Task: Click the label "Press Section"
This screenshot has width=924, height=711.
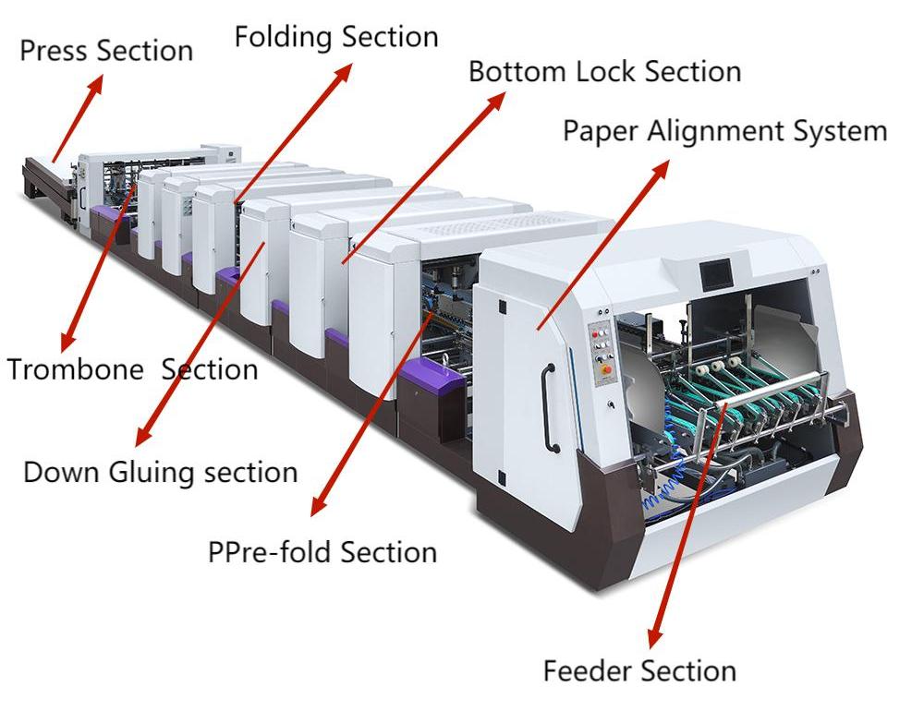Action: tap(106, 50)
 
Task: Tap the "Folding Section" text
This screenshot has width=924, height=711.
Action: tap(335, 37)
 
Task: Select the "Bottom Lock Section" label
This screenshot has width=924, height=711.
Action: tap(604, 71)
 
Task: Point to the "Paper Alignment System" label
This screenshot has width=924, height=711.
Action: tap(724, 131)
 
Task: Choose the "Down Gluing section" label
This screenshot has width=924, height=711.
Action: tap(160, 472)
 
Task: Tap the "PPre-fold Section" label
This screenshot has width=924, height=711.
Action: tap(322, 552)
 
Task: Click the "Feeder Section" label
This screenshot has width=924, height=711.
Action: tap(639, 669)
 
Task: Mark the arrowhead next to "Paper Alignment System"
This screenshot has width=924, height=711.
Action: tap(665, 167)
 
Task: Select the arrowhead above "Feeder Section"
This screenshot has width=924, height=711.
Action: tap(653, 638)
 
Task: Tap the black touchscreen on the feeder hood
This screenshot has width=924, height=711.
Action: tap(717, 272)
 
